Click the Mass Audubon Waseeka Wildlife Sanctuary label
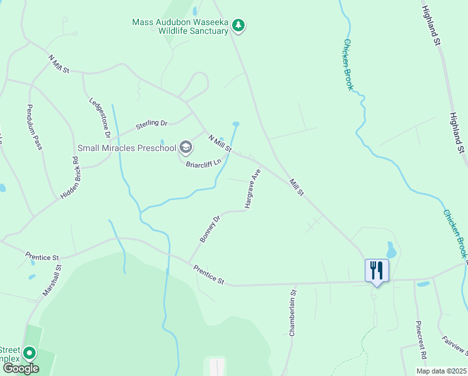[x=180, y=26]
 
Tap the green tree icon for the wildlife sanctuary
[x=238, y=26]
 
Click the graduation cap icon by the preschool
[x=186, y=147]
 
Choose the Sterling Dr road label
[x=152, y=125]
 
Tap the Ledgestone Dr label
[x=99, y=117]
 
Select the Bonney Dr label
[x=210, y=229]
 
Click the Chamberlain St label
[x=292, y=313]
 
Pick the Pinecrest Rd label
[x=421, y=340]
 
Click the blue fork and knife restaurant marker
[x=377, y=271]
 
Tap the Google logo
[x=21, y=368]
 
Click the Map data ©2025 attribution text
[x=441, y=371]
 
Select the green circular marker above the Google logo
[x=29, y=352]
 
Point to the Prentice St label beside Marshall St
[x=42, y=257]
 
